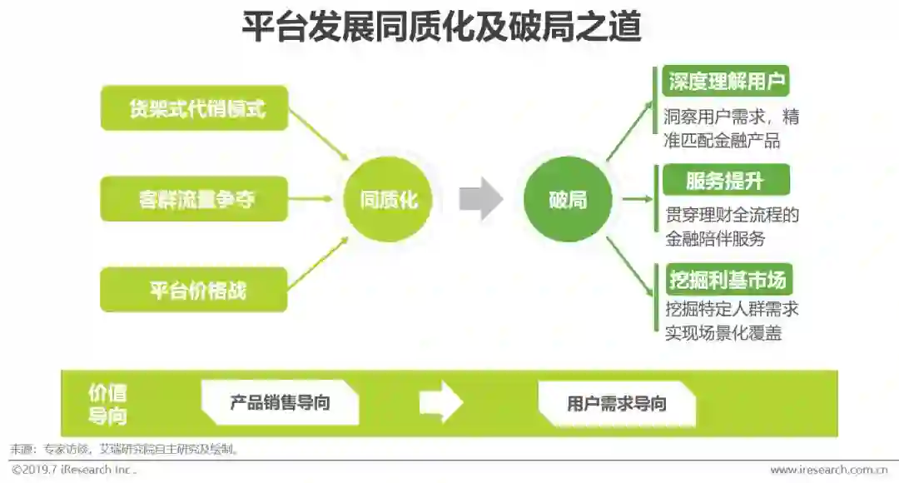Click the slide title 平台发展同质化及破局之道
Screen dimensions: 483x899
click(441, 27)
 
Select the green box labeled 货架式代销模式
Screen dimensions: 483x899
click(194, 108)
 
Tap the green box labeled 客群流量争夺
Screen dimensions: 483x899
click(194, 199)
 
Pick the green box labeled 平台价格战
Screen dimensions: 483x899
click(194, 290)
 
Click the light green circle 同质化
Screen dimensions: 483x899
click(389, 200)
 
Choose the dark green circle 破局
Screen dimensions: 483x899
click(568, 200)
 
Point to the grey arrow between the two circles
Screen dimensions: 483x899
click(480, 199)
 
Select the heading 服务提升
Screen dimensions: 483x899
click(725, 180)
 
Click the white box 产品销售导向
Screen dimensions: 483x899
click(280, 403)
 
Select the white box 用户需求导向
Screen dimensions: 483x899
click(617, 404)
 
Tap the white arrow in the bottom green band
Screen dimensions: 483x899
click(440, 403)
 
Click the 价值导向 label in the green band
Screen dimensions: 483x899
click(107, 404)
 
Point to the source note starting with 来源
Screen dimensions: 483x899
click(125, 449)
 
